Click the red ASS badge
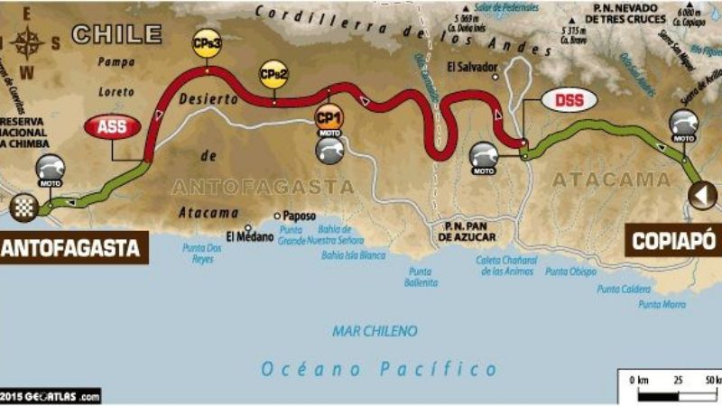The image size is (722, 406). click(113, 127)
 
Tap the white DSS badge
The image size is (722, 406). click(569, 99)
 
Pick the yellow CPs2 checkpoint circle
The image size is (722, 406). click(273, 73)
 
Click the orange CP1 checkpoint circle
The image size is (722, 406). click(329, 115)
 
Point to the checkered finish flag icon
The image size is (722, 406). click(22, 208)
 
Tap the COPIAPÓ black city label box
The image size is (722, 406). click(673, 240)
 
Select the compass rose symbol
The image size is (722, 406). click(30, 42)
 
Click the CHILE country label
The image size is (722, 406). click(117, 34)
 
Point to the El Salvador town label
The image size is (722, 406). click(472, 67)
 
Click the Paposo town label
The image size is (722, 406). click(299, 217)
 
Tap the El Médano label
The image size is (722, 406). click(244, 237)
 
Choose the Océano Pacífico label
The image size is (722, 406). click(379, 368)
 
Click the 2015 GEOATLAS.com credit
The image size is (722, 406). click(51, 396)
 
